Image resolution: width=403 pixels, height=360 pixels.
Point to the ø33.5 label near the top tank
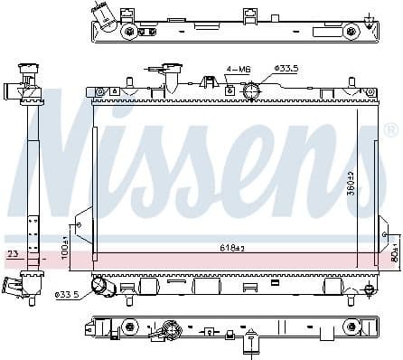pyautogui.click(x=286, y=68)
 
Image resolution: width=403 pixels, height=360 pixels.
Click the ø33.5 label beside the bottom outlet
pyautogui.click(x=67, y=294)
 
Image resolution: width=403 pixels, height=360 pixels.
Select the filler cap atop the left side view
pyautogui.click(x=27, y=72)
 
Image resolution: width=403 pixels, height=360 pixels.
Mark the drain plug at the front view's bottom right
pyautogui.click(x=368, y=289)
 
